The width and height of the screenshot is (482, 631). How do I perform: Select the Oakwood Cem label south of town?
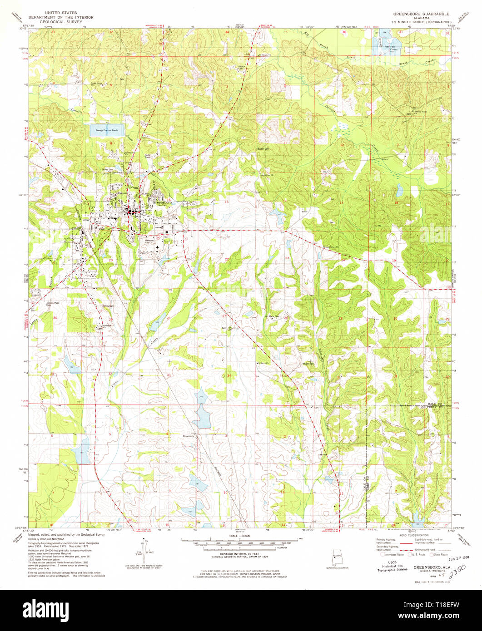149,241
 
